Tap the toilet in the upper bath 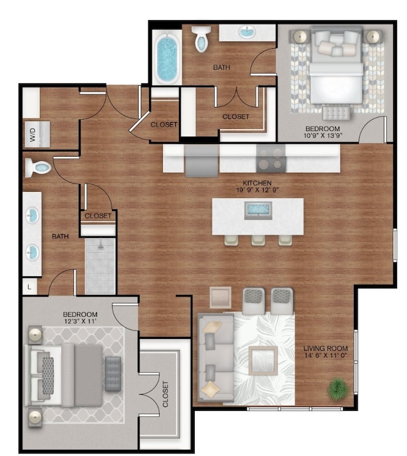point(202,39)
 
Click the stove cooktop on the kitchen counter point(271,158)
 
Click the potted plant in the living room point(337,388)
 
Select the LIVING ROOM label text point(326,348)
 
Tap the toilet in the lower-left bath point(39,168)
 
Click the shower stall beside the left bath point(100,266)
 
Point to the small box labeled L point(29,287)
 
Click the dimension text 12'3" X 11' point(80,321)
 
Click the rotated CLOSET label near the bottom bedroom point(165,394)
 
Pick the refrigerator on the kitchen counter point(201,160)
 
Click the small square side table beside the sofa point(220,298)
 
